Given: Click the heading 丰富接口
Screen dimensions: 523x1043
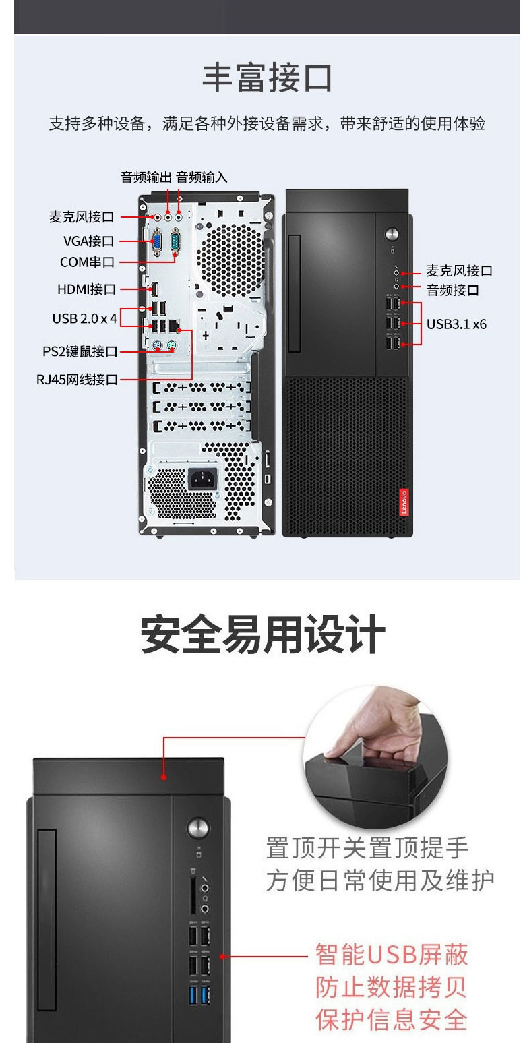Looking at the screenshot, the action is point(267,78).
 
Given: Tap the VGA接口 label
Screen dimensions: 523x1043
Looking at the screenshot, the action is point(88,241).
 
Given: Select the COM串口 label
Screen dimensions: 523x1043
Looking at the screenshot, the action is point(87,262).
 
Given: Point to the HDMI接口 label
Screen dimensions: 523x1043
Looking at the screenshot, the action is point(86,289).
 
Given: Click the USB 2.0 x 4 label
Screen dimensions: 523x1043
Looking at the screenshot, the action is point(84,318).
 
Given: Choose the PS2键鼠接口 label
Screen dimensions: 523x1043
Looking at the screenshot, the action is point(80,351).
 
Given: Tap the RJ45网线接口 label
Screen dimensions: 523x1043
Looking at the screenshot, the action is point(78,380).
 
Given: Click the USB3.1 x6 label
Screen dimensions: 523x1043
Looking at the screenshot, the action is point(456,324).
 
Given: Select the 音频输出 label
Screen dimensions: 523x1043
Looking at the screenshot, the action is point(146,177).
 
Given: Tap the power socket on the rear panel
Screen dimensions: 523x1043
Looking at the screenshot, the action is point(202,478).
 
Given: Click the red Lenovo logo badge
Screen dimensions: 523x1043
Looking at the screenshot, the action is point(404,502).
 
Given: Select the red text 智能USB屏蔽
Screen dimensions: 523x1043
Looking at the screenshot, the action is point(392,955).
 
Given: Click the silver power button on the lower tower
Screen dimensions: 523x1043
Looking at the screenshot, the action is point(198,828).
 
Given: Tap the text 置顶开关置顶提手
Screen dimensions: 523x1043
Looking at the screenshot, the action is point(367,847).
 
